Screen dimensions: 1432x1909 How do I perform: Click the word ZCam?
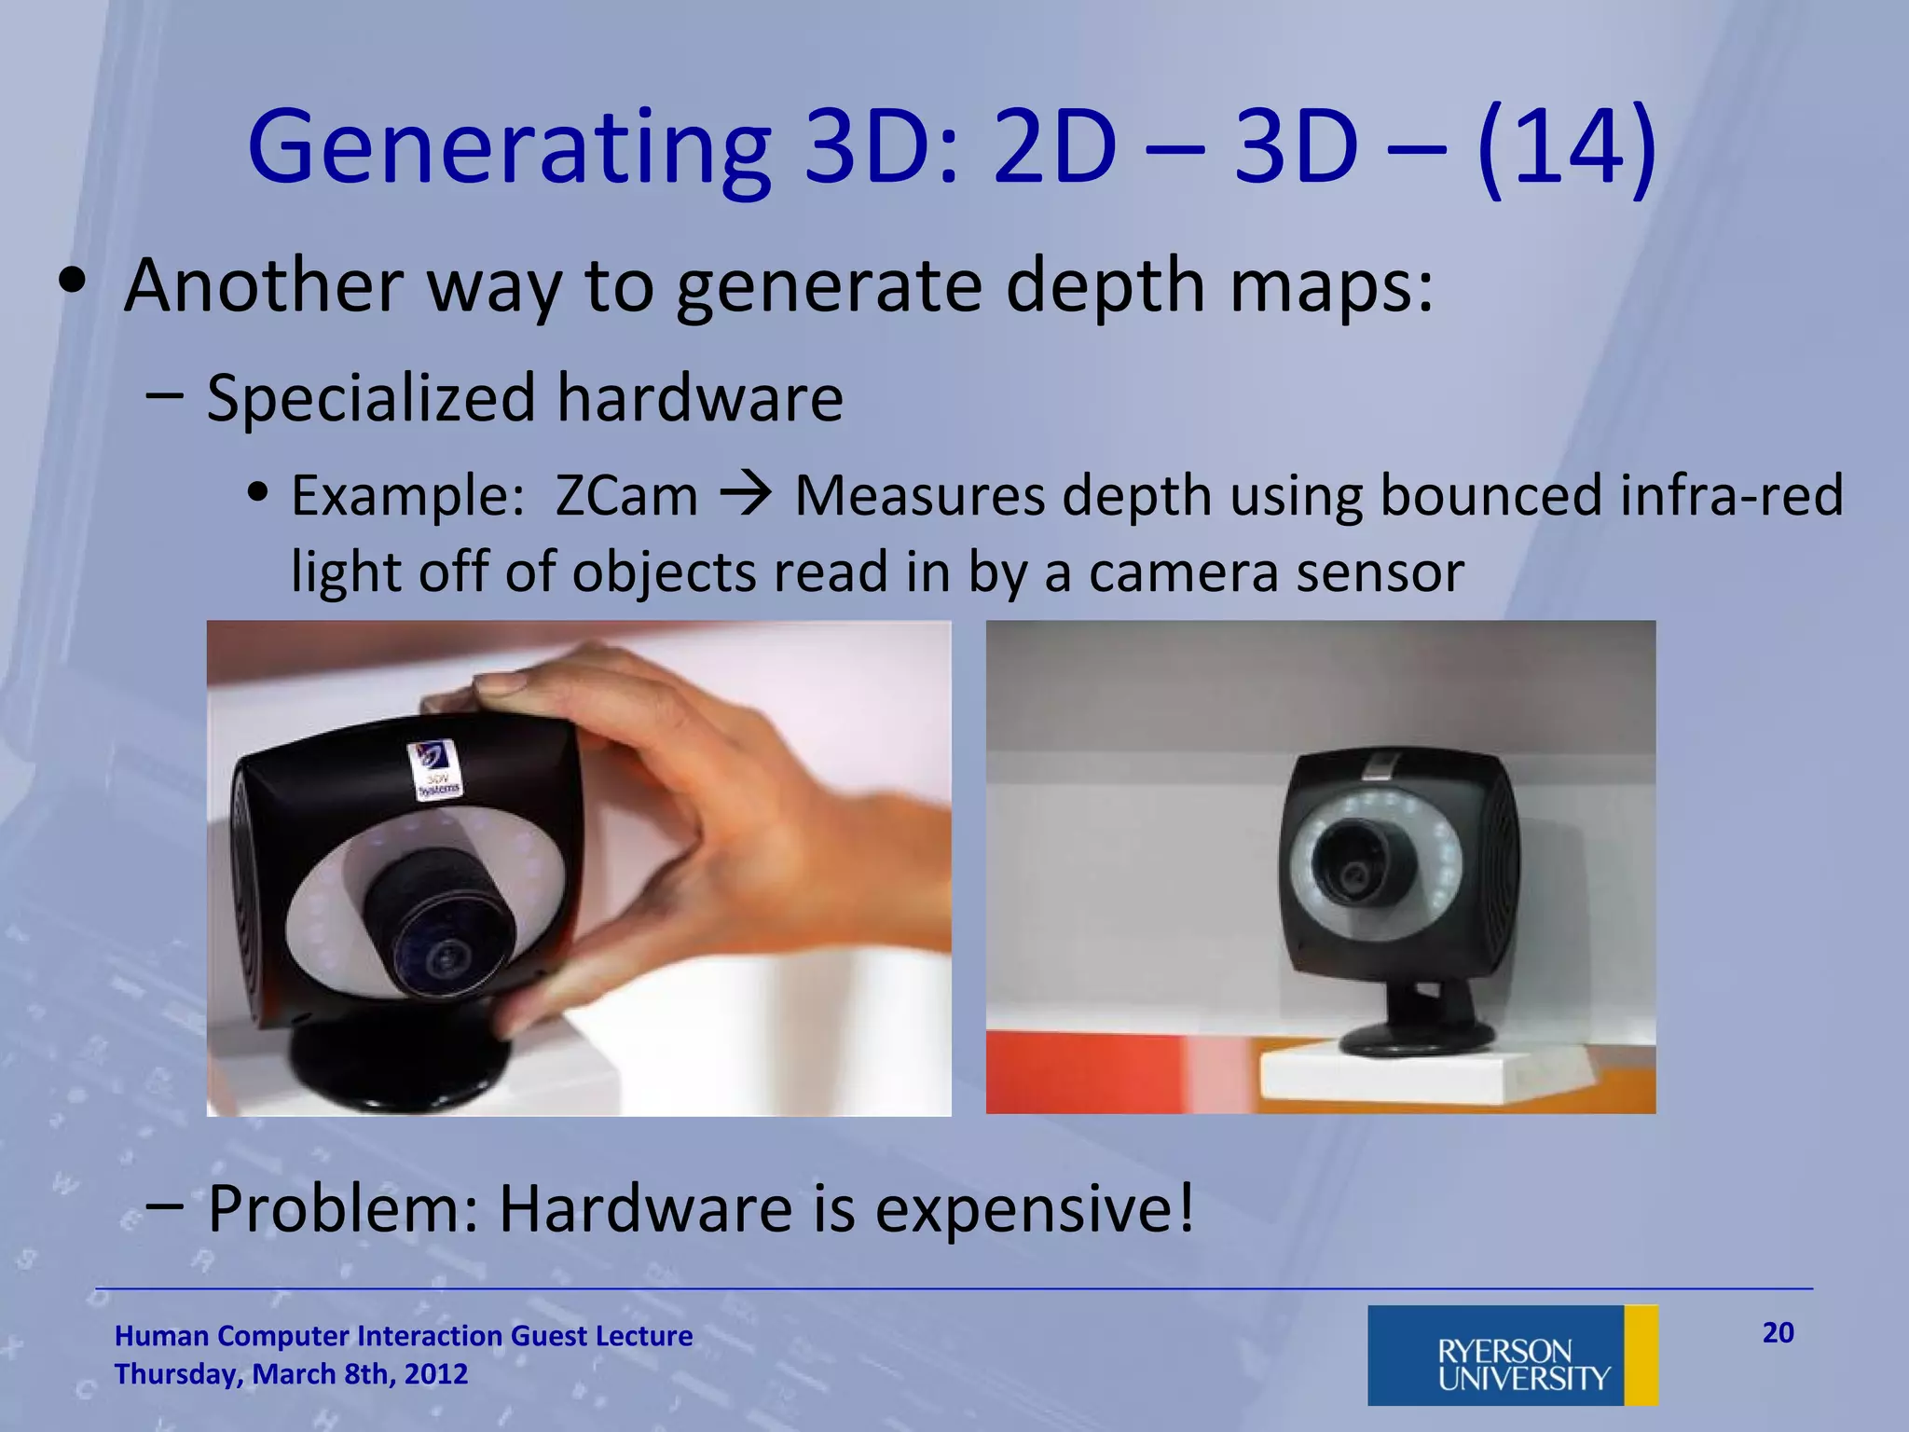(625, 495)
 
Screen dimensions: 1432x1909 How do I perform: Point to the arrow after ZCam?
(746, 495)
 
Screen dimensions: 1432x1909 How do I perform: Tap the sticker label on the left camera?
(433, 770)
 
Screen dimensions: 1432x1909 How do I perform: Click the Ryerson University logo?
(1512, 1355)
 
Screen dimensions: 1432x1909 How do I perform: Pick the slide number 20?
(1778, 1332)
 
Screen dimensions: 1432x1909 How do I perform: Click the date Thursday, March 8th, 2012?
(291, 1374)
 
